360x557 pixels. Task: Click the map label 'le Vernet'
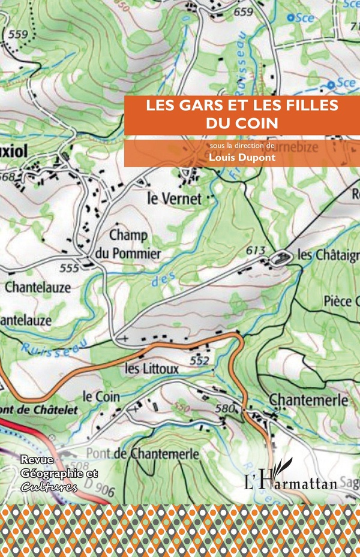pos(174,199)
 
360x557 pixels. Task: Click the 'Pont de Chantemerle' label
pos(142,454)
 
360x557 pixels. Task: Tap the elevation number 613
pos(256,249)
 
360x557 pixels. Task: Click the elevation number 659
pos(243,12)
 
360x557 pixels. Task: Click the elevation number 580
pos(224,410)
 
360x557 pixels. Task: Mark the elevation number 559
pos(17,34)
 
